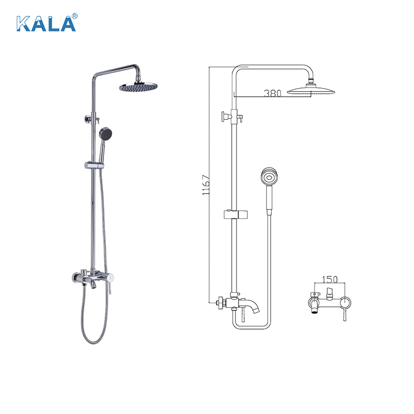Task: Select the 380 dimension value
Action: click(x=272, y=94)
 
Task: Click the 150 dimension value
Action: click(x=330, y=279)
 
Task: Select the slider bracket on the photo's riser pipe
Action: click(x=93, y=166)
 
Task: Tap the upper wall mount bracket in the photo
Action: click(x=87, y=120)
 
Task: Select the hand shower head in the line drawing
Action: click(x=268, y=177)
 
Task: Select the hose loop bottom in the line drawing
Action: click(x=251, y=327)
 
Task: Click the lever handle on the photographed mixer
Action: click(x=109, y=288)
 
